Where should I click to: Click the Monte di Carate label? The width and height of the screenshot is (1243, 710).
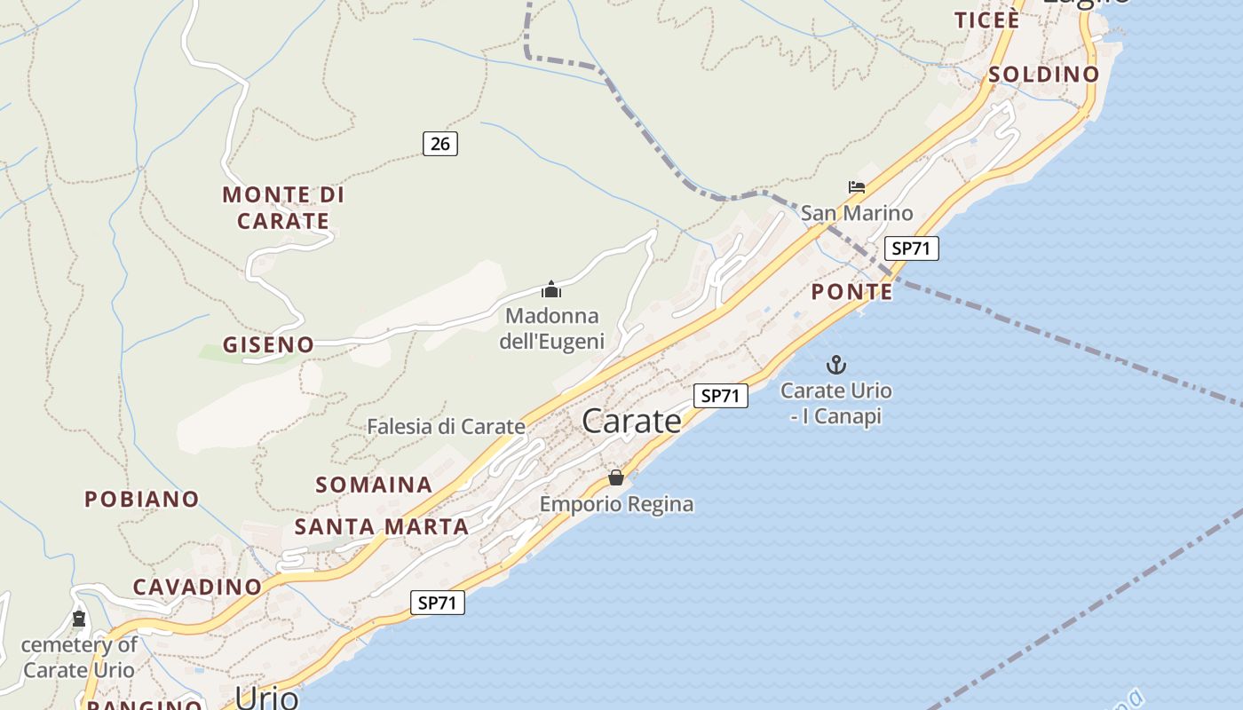tap(283, 208)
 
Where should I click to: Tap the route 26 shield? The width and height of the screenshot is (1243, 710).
tap(439, 143)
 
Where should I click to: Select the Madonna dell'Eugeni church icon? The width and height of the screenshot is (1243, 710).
tap(551, 289)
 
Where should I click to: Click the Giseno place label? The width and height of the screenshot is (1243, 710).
tap(268, 344)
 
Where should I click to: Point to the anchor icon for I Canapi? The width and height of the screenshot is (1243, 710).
tap(835, 364)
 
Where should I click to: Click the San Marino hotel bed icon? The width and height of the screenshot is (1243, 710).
tap(856, 187)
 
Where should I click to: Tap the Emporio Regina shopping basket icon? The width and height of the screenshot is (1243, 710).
tap(616, 477)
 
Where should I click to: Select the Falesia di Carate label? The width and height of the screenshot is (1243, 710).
tap(446, 427)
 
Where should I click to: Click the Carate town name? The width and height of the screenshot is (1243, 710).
tap(631, 422)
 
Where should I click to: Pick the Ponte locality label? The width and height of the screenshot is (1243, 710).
tap(851, 292)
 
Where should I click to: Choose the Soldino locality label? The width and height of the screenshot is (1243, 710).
tap(1043, 75)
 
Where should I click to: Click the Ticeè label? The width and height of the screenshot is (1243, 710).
tap(986, 20)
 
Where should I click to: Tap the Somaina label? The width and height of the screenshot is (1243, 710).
tap(374, 485)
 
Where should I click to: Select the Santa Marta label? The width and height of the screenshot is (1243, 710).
tap(382, 526)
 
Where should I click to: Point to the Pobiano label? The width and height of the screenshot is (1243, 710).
tap(142, 499)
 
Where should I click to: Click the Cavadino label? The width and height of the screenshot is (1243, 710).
tap(197, 587)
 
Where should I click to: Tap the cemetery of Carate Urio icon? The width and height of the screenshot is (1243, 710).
tap(79, 619)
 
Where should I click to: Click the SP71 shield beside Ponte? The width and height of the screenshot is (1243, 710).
tap(911, 248)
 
